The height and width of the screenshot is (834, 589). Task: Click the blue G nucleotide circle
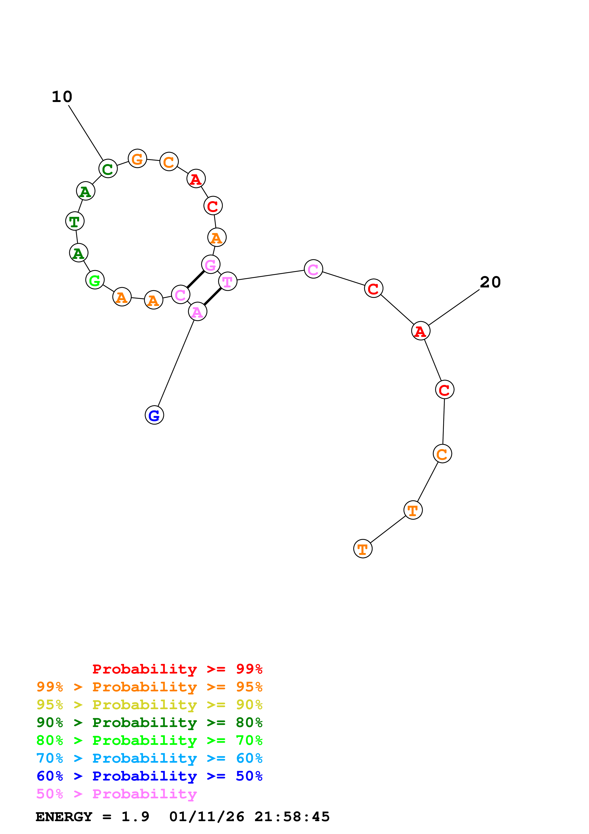tap(154, 415)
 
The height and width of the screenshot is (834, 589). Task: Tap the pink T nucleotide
tap(228, 281)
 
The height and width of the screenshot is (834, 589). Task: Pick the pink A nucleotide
tap(197, 312)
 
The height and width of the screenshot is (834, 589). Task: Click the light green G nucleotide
tap(95, 280)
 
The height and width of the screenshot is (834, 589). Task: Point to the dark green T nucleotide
tap(75, 221)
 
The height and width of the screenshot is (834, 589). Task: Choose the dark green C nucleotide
tap(108, 169)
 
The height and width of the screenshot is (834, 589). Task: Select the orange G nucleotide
tap(137, 159)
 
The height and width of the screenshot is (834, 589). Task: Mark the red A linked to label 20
tap(420, 331)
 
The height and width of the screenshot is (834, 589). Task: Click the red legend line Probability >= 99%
tap(177, 669)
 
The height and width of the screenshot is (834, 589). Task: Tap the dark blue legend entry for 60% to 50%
tap(149, 776)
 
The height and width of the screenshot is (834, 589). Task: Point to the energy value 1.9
tap(135, 817)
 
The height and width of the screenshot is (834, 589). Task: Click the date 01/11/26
tap(206, 817)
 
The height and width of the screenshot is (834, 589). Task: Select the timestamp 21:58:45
tap(292, 817)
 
